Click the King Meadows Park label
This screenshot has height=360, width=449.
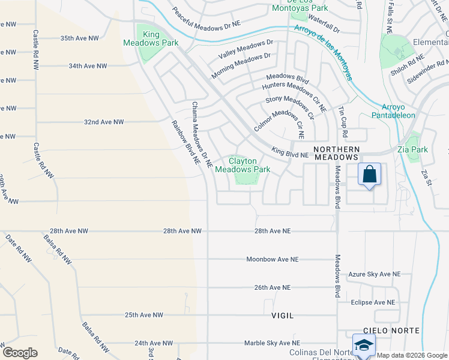point(142,38)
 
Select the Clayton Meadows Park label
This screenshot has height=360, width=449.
point(243,165)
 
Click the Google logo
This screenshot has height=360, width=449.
point(20,353)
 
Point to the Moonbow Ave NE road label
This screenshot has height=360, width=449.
point(273,259)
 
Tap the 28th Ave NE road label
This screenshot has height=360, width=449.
point(273,230)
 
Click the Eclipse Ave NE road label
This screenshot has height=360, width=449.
point(373,302)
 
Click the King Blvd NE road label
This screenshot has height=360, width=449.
point(289,154)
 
